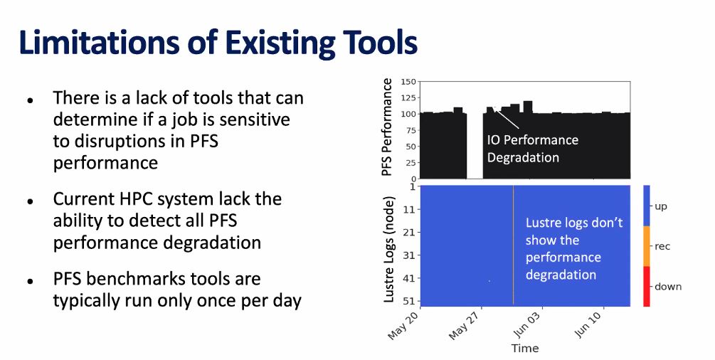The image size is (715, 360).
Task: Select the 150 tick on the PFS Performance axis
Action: (408, 81)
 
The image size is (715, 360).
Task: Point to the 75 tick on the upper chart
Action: (410, 130)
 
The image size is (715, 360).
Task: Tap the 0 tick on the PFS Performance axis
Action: (413, 179)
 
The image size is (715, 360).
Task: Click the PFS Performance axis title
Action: (387, 128)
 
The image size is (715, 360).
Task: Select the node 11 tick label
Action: (409, 210)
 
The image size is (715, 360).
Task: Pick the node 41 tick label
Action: (409, 278)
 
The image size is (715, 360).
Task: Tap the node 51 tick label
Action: (409, 302)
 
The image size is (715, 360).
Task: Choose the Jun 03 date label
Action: (529, 324)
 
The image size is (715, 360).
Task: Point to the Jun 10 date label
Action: (591, 324)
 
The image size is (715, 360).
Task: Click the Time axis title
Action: (525, 349)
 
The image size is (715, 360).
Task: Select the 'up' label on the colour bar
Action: (661, 206)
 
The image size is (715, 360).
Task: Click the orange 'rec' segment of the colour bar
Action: (647, 246)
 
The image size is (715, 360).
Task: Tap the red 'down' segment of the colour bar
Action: (647, 286)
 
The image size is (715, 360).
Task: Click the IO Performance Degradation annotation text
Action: (532, 149)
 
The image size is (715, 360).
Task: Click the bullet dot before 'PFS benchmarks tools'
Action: (30, 281)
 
